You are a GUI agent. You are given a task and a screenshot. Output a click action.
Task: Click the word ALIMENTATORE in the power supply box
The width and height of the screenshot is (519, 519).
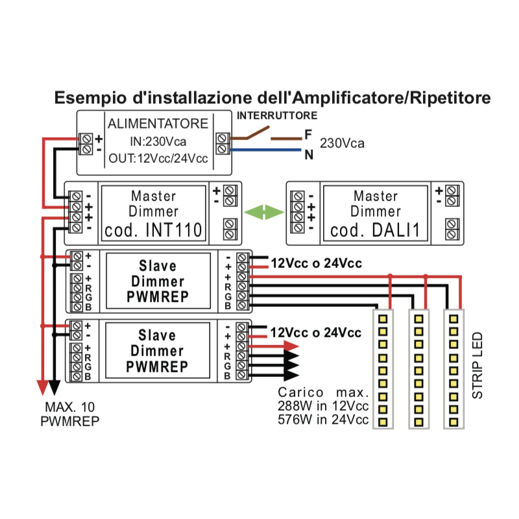click(158, 123)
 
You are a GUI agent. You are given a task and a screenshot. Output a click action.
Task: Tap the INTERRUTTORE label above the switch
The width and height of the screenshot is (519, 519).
click(277, 116)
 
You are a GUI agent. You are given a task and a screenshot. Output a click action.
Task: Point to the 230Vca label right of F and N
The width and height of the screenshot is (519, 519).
click(343, 143)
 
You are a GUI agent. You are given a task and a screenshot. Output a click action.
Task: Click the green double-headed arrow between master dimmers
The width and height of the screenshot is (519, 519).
click(264, 212)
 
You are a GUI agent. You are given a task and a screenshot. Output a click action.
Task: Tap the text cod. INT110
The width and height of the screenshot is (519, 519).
click(154, 230)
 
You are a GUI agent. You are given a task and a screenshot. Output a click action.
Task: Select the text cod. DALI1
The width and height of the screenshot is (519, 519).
click(375, 230)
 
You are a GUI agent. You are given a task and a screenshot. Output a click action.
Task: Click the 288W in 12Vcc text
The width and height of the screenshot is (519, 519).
click(322, 406)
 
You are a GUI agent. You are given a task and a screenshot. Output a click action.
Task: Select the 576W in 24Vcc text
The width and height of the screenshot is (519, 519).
click(322, 420)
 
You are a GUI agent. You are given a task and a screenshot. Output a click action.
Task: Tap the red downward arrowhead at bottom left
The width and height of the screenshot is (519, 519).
click(43, 387)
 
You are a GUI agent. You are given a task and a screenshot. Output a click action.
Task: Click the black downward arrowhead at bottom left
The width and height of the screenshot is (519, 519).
click(54, 387)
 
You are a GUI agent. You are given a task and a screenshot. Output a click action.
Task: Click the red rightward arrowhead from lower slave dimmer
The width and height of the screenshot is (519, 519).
click(291, 346)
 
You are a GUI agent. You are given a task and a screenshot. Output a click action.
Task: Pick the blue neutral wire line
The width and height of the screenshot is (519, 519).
click(266, 151)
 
